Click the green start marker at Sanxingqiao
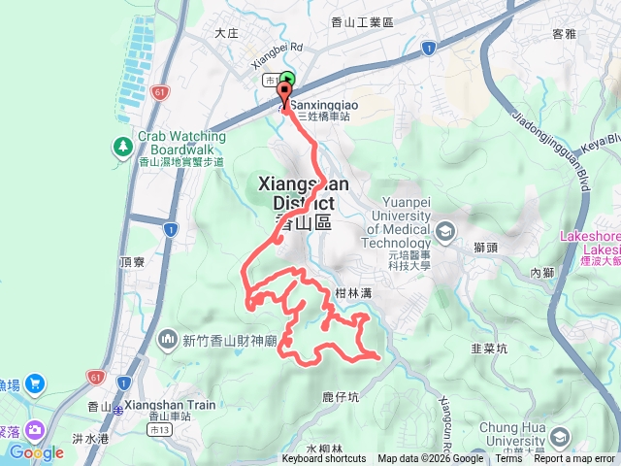287,83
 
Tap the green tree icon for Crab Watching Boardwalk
123,147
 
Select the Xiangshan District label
297,193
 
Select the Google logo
36,452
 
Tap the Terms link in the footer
508,459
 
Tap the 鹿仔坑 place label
341,396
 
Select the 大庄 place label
226,32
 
